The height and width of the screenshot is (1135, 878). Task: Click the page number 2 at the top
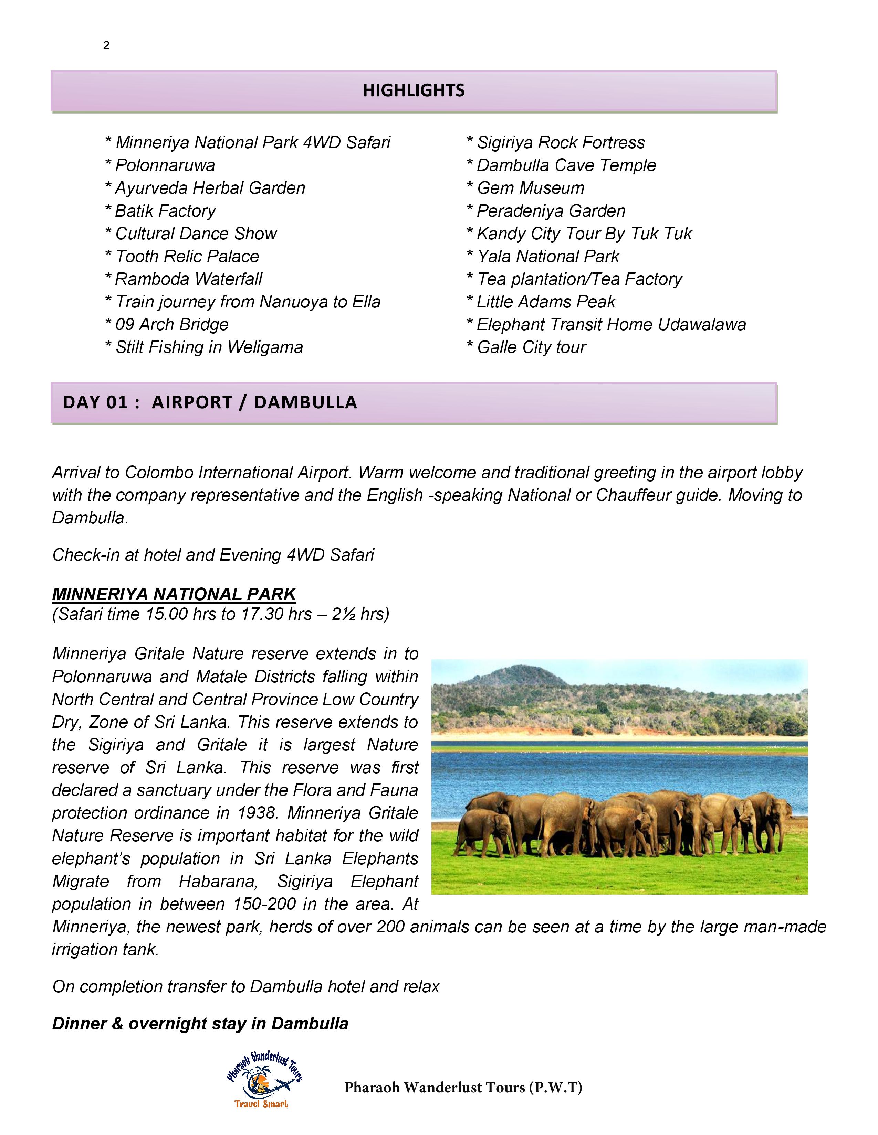[x=106, y=46]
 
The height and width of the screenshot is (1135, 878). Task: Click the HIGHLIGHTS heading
[x=414, y=90]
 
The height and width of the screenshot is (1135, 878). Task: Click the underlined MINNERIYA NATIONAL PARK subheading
[x=174, y=594]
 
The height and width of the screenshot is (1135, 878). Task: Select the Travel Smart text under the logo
[x=261, y=1104]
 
